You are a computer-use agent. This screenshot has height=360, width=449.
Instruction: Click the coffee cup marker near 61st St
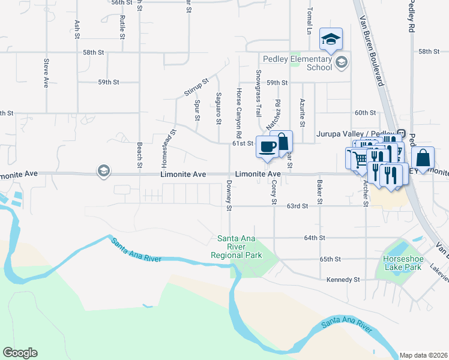tap(267, 147)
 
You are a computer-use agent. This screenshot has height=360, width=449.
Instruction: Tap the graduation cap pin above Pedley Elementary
tap(331, 40)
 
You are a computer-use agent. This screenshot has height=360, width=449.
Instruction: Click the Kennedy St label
tap(343, 280)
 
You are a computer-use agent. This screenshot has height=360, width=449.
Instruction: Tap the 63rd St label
tap(297, 206)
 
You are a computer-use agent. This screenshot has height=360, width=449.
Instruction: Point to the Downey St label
tap(229, 196)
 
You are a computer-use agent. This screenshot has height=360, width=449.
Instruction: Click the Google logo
tap(20, 353)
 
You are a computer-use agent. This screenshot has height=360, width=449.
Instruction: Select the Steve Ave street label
tap(46, 74)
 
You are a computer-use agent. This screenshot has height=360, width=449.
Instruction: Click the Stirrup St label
tap(196, 87)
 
